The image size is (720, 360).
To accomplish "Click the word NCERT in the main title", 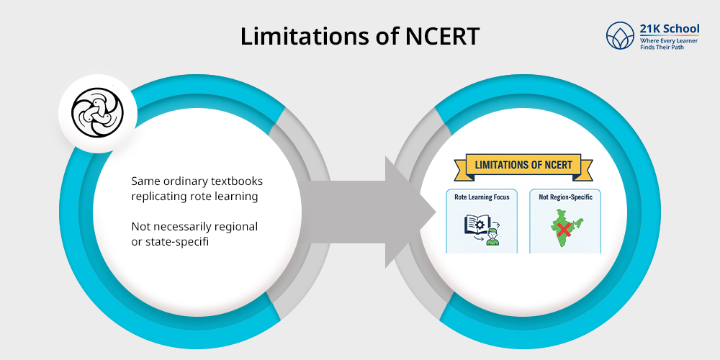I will (438, 37).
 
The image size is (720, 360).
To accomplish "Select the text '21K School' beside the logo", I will (669, 30).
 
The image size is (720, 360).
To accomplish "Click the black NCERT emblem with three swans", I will (97, 114).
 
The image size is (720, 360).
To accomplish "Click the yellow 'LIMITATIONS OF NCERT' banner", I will (523, 165).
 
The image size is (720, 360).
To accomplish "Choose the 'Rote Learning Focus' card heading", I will (482, 197).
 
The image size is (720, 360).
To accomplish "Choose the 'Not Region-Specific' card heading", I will (564, 197).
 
